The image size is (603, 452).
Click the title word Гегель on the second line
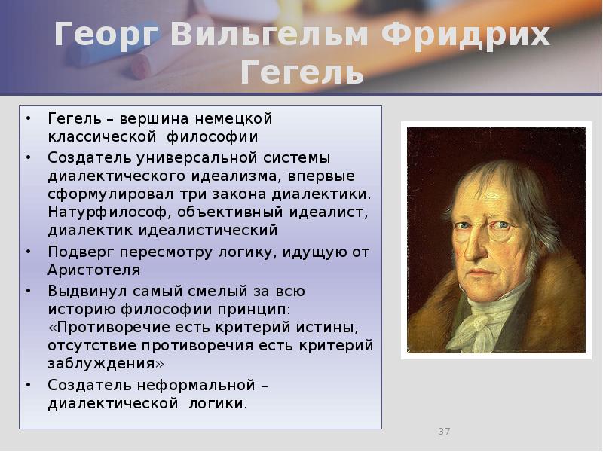(x=301, y=74)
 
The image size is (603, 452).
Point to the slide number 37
(x=444, y=431)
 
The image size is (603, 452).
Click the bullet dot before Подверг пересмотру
(x=29, y=252)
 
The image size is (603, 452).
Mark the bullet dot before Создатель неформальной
(x=29, y=385)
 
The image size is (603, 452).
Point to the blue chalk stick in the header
(x=87, y=41)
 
